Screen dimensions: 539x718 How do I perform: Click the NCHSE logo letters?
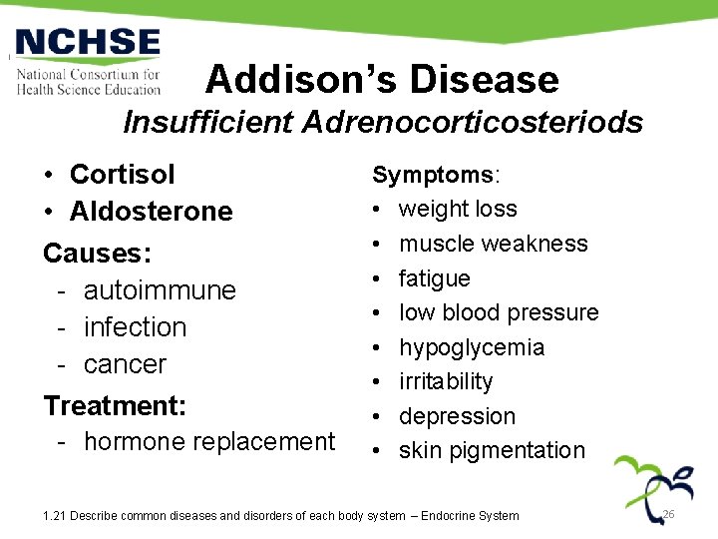pyautogui.click(x=88, y=44)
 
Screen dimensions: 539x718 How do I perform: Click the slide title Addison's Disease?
pyautogui.click(x=382, y=79)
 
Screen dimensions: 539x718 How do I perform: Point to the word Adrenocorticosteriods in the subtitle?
pyautogui.click(x=473, y=123)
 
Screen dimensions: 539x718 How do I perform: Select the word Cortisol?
pyautogui.click(x=122, y=174)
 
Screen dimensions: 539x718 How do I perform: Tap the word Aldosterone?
pyautogui.click(x=151, y=211)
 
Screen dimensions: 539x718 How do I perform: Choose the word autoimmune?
pyautogui.click(x=160, y=290)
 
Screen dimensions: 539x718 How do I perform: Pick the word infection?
pyautogui.click(x=135, y=327)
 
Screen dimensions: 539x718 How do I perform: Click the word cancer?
pyautogui.click(x=125, y=364)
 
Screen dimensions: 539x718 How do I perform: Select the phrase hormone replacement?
pyautogui.click(x=209, y=441)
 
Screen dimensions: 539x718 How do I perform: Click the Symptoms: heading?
pyautogui.click(x=437, y=175)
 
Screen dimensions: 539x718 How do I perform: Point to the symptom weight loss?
pyautogui.click(x=458, y=209)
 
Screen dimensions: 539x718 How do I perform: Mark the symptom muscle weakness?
pyautogui.click(x=493, y=244)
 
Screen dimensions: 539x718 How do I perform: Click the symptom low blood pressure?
pyautogui.click(x=499, y=312)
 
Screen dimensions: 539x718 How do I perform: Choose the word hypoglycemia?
pyautogui.click(x=472, y=347)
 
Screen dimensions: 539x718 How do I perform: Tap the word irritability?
pyautogui.click(x=446, y=381)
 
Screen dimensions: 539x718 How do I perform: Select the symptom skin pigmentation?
pyautogui.click(x=492, y=450)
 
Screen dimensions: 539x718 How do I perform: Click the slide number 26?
pyautogui.click(x=669, y=514)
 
